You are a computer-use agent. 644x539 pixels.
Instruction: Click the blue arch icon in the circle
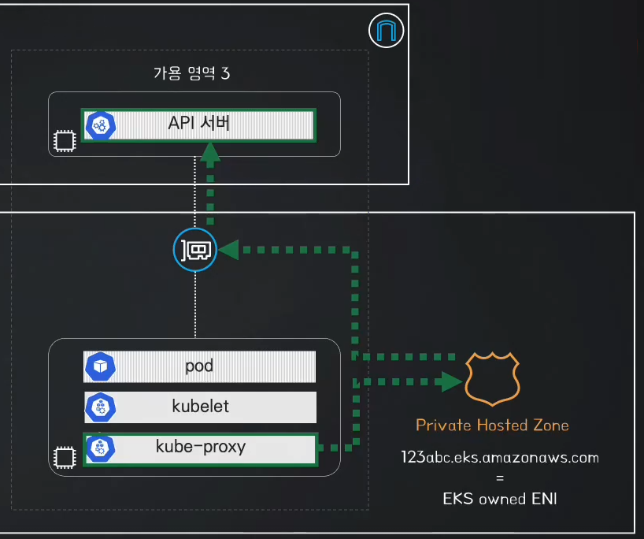386,31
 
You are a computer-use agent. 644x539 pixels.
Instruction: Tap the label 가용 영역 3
192,73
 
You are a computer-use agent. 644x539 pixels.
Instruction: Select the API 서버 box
198,125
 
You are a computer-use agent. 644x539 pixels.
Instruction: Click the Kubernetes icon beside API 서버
100,125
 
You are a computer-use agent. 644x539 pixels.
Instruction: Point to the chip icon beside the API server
65,141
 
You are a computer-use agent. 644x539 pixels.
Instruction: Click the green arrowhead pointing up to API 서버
210,152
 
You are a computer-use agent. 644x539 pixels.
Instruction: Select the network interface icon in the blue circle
195,250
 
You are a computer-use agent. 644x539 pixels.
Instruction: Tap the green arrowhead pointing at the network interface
228,250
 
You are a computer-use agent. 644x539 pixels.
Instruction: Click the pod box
200,366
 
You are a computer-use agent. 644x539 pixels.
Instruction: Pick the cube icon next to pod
100,366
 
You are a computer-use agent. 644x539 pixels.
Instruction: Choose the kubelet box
201,407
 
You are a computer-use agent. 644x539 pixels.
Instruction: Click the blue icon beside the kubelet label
100,407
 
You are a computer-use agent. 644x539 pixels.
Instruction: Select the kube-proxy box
201,449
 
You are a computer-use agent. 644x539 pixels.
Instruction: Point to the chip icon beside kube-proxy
65,458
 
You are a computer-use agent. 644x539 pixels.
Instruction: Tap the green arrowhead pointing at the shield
449,382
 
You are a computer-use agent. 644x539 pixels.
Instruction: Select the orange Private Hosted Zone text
492,425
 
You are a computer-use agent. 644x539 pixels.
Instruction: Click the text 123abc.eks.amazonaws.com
500,458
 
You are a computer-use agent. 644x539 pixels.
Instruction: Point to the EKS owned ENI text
500,499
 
